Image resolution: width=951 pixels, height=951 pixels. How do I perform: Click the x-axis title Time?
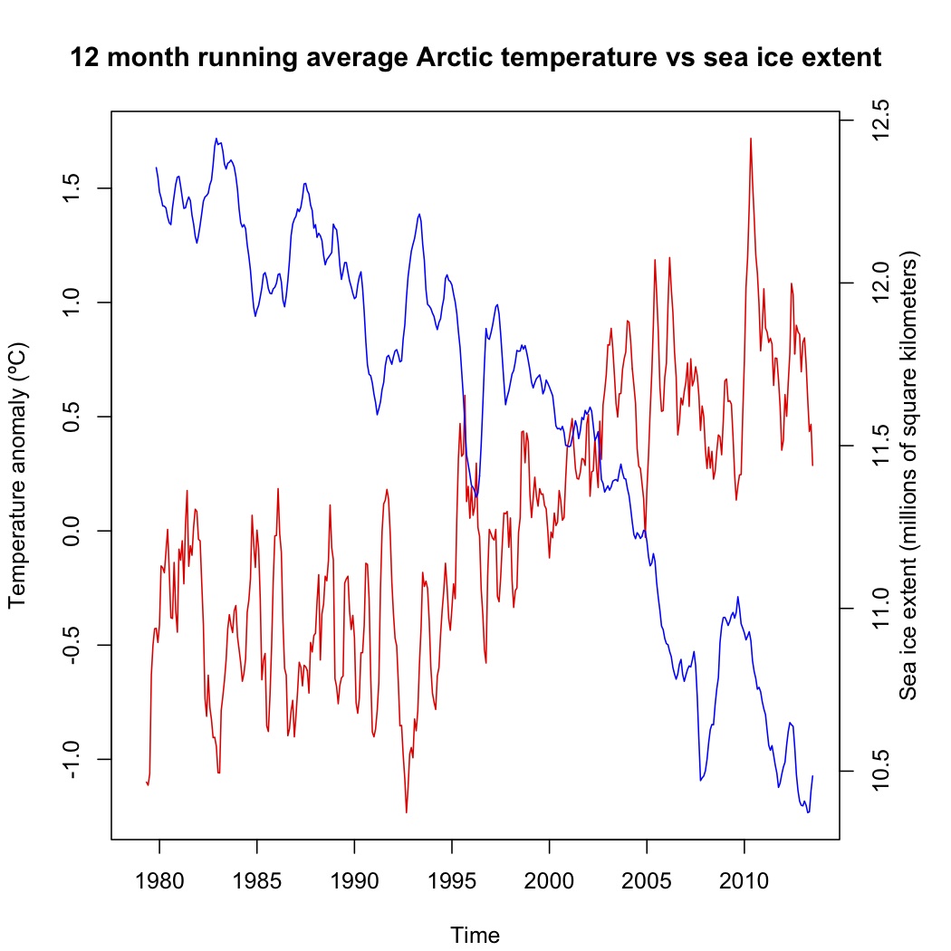point(475,935)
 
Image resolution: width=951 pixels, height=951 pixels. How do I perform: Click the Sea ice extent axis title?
point(909,475)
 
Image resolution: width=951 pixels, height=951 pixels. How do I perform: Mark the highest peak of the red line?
point(751,139)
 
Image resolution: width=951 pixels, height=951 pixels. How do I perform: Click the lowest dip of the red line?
point(407,812)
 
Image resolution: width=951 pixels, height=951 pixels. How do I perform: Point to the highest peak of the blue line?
point(216,139)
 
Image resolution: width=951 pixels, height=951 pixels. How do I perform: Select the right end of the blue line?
point(812,775)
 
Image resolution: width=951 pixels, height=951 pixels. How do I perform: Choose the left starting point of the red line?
point(145,781)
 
